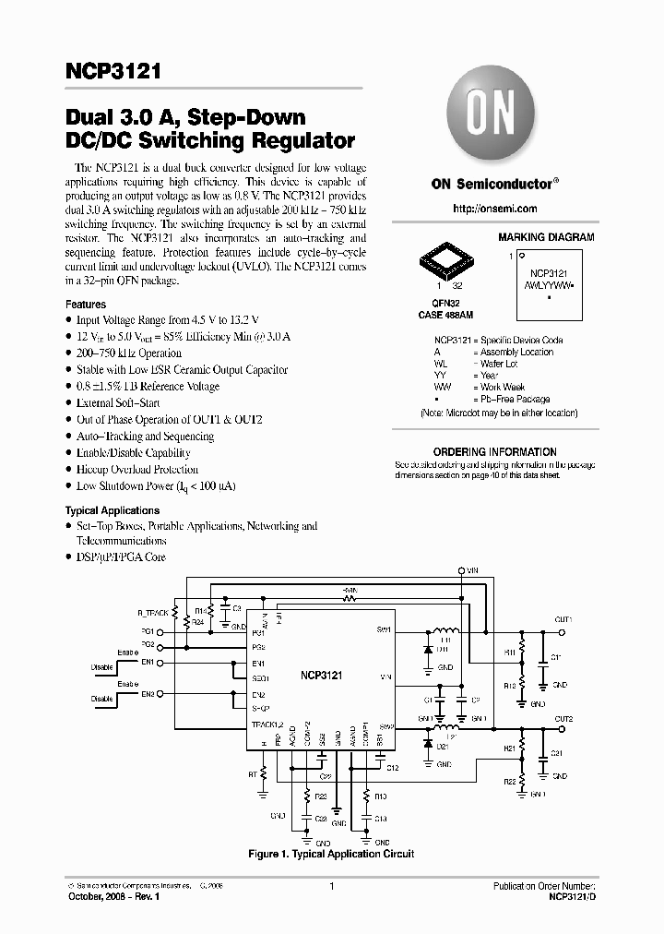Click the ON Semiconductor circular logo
pyautogui.click(x=493, y=117)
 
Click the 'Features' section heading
pyautogui.click(x=86, y=305)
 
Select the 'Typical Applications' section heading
pyautogui.click(x=112, y=510)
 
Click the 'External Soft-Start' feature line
pyautogui.click(x=120, y=403)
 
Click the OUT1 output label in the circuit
pyautogui.click(x=563, y=619)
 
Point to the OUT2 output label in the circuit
pyautogui.click(x=563, y=719)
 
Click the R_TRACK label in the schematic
pyautogui.click(x=153, y=613)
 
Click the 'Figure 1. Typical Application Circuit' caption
pyautogui.click(x=331, y=854)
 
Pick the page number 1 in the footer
pyautogui.click(x=330, y=887)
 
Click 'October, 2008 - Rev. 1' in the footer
pyautogui.click(x=116, y=896)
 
